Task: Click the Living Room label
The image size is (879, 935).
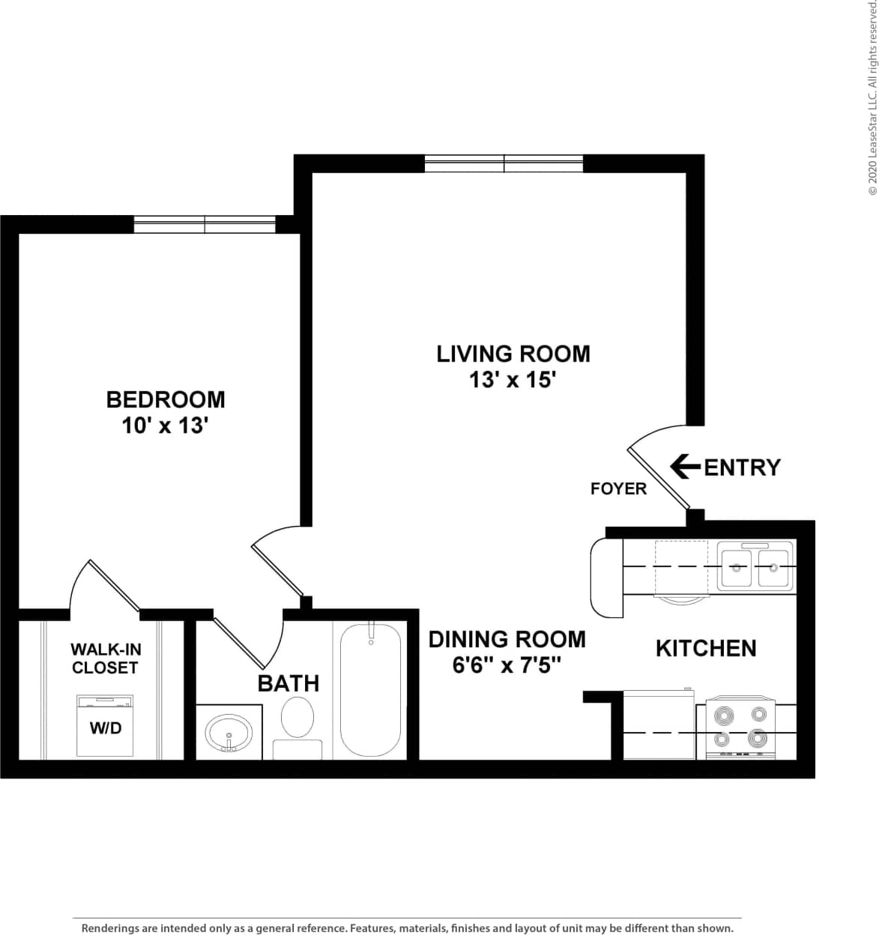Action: coord(513,353)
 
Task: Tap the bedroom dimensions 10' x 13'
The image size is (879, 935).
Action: coord(164,426)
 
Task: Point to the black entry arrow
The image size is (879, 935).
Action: coord(684,466)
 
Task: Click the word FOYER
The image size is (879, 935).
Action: coord(618,489)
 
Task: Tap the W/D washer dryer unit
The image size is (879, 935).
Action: coord(105,726)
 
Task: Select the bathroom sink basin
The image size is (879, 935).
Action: coord(229,732)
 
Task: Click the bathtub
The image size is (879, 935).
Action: coord(371,689)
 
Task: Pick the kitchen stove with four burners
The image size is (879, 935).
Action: coord(740,727)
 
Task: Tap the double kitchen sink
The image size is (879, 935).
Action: coord(755,567)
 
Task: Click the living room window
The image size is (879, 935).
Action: coord(504,163)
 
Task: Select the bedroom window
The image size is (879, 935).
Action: coord(205,224)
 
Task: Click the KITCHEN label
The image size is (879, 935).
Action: coord(705,648)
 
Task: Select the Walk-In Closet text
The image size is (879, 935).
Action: coord(105,658)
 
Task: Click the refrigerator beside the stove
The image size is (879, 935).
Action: coord(659,724)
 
